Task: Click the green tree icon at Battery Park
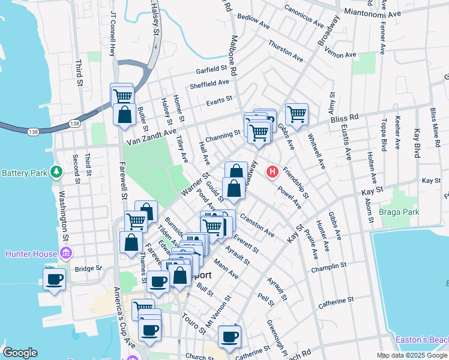click(56, 173)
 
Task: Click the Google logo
click(20, 353)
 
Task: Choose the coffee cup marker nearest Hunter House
click(55, 279)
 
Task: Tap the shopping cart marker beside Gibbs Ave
click(297, 113)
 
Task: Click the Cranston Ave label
click(256, 224)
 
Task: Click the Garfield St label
click(214, 71)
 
